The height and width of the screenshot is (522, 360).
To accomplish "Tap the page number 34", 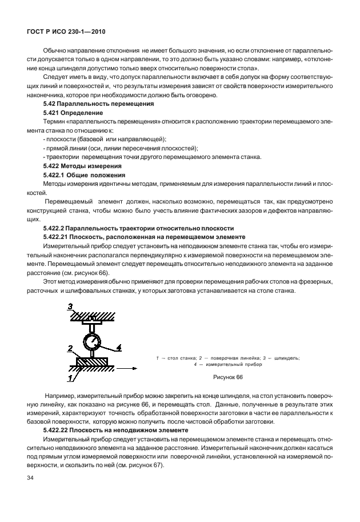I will [x=23, y=476].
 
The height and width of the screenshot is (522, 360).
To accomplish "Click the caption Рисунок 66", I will [x=227, y=377].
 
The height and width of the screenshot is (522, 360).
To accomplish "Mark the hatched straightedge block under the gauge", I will [x=92, y=361].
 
